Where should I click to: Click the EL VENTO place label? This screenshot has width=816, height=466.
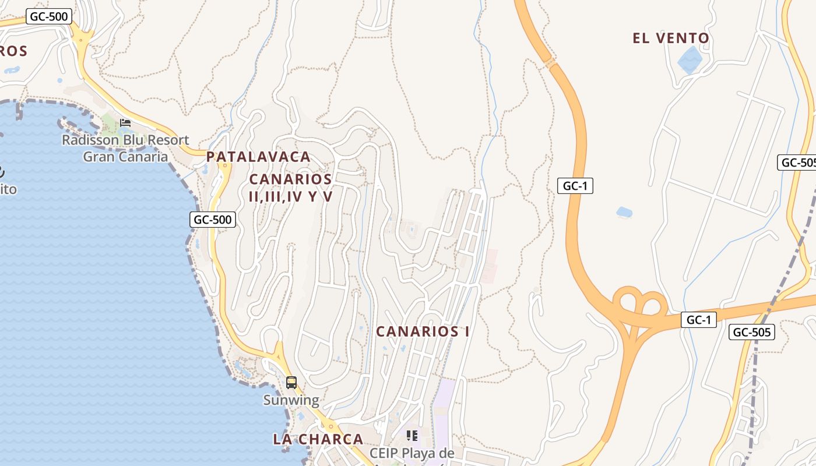pyautogui.click(x=671, y=38)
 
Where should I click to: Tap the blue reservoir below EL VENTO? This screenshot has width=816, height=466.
pyautogui.click(x=690, y=59)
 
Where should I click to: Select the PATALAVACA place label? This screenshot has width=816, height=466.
pyautogui.click(x=258, y=157)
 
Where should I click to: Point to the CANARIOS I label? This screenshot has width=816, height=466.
pyautogui.click(x=423, y=331)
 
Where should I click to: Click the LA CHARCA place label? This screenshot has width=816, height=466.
pyautogui.click(x=318, y=439)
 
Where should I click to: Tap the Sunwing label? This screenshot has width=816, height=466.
pyautogui.click(x=291, y=400)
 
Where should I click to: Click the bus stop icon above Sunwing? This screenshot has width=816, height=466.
pyautogui.click(x=291, y=383)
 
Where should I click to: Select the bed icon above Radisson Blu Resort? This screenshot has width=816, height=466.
pyautogui.click(x=125, y=123)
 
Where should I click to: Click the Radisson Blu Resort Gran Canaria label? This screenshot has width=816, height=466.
pyautogui.click(x=125, y=148)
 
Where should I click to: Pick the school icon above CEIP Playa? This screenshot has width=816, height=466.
pyautogui.click(x=412, y=435)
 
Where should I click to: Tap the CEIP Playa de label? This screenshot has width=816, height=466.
pyautogui.click(x=411, y=453)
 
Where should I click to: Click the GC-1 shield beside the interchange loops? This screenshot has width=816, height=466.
pyautogui.click(x=698, y=320)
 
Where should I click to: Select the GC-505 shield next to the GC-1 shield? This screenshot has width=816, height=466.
pyautogui.click(x=752, y=333)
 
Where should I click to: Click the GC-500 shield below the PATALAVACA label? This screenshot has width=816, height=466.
pyautogui.click(x=213, y=220)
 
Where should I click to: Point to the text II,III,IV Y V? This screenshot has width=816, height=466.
pyautogui.click(x=290, y=196)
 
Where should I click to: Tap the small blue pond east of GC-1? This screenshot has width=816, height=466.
pyautogui.click(x=624, y=212)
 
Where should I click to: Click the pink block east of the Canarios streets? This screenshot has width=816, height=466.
pyautogui.click(x=489, y=266)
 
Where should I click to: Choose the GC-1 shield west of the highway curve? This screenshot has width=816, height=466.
pyautogui.click(x=575, y=186)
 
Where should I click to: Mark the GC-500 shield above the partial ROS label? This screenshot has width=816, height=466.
pyautogui.click(x=49, y=16)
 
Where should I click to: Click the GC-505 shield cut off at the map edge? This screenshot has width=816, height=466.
pyautogui.click(x=797, y=163)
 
